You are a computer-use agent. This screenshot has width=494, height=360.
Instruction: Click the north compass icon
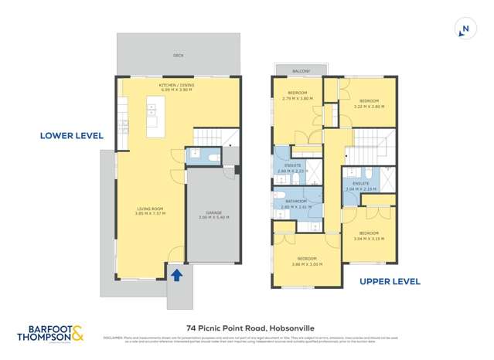(464, 29)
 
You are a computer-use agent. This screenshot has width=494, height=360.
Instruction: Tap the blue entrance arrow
(175, 273)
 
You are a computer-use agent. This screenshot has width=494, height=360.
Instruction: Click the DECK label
(179, 56)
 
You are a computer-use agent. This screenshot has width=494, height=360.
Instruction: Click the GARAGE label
(213, 215)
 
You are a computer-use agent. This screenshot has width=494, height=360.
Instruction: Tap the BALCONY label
(301, 71)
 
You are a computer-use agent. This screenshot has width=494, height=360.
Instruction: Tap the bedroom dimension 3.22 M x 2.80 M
(369, 107)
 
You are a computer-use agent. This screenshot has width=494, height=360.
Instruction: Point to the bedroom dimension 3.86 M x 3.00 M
(308, 264)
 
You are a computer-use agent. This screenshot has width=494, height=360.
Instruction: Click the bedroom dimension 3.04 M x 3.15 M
(369, 239)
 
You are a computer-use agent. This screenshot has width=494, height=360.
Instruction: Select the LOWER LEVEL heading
(72, 136)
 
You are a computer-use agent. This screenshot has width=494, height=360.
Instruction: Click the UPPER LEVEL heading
(390, 282)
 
